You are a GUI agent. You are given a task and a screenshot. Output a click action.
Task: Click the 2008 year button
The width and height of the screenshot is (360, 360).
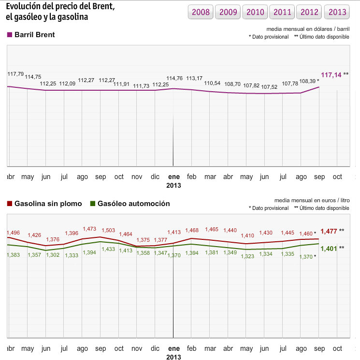(201, 12)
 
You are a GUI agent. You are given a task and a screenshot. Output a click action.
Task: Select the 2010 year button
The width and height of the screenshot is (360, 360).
(256, 12)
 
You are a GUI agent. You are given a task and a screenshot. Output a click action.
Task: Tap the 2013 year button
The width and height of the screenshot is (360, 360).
(337, 12)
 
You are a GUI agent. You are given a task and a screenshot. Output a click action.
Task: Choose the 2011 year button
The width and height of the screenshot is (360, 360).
(283, 12)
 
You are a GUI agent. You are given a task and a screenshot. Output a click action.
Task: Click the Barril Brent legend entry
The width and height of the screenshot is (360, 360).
(31, 35)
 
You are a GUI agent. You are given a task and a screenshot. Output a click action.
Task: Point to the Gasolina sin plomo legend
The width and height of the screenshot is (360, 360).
(44, 204)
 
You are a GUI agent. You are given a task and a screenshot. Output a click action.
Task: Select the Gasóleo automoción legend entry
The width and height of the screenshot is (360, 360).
(130, 204)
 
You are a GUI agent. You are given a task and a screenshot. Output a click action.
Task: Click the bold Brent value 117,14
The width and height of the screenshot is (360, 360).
(331, 75)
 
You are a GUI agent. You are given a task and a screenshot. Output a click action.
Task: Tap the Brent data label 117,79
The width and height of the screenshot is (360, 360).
(16, 74)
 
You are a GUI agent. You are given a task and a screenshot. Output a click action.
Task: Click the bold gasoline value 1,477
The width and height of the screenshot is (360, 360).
(329, 231)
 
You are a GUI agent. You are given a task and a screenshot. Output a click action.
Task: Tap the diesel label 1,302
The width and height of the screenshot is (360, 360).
(53, 255)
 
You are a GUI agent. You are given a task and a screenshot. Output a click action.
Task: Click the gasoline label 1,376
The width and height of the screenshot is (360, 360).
(53, 240)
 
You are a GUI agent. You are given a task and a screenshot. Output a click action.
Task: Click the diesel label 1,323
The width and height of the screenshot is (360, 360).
(247, 256)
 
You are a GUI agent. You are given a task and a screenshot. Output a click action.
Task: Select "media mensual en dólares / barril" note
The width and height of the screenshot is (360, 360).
(307, 29)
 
